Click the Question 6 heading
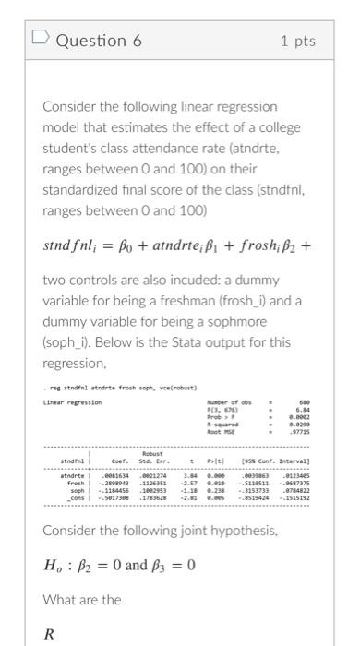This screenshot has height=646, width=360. click(91, 41)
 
